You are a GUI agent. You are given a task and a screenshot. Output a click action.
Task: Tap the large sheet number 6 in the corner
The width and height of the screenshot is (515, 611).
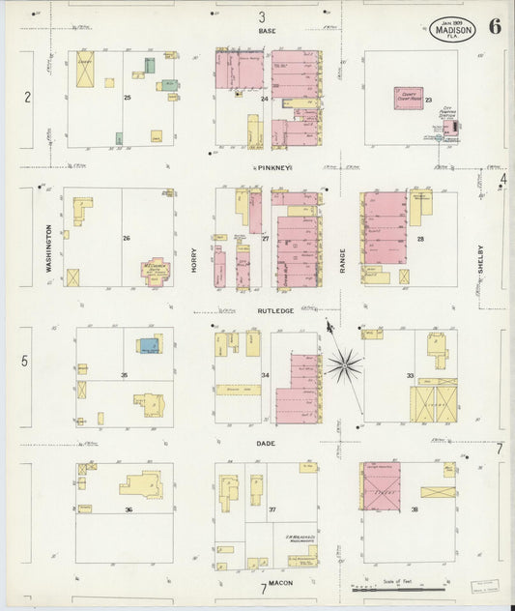494,26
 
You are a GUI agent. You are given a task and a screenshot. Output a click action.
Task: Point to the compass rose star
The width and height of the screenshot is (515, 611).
344,364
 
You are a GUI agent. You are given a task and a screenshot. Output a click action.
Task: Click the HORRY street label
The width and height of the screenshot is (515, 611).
194,254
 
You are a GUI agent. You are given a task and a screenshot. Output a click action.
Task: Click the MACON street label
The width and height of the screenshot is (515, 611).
281,583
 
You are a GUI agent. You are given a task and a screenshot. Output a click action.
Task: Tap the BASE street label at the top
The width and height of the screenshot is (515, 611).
268,31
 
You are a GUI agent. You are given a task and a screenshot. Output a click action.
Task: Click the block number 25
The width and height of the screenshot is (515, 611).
127,98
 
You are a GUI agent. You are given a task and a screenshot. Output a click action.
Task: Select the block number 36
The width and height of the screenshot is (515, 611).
127,509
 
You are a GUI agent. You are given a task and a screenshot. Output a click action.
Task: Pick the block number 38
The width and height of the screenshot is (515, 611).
415,509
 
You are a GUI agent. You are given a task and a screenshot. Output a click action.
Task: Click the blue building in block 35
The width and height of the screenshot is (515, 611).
148,344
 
